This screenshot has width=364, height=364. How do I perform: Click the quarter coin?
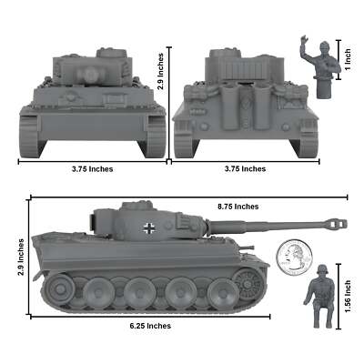[292, 258]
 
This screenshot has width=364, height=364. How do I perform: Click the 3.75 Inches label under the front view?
[92, 168]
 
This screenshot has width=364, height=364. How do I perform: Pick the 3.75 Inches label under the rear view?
[246, 168]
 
